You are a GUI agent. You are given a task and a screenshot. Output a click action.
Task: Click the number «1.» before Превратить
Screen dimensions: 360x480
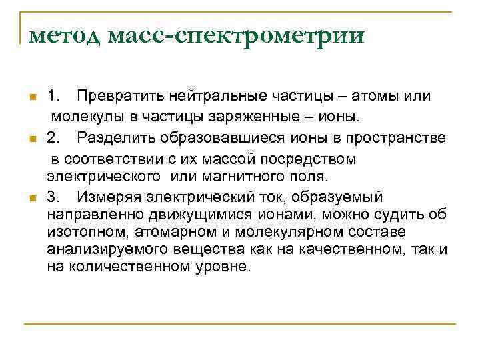[55, 96]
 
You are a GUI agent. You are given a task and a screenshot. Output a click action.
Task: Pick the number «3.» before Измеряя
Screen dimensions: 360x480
[55, 197]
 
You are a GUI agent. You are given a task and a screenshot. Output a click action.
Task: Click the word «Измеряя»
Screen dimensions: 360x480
[107, 197]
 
